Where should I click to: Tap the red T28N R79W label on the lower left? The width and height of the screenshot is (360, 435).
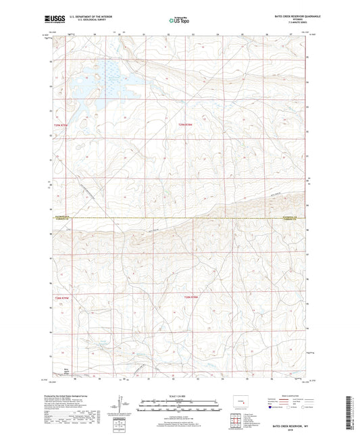(63, 298)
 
